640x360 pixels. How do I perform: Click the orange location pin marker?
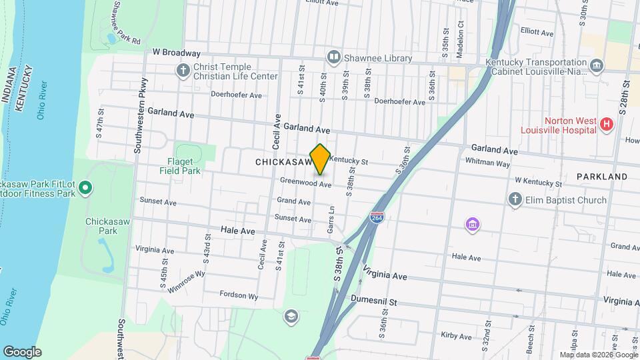tap(320, 159)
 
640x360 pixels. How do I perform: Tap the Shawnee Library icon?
tap(334, 58)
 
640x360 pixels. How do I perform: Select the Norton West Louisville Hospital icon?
tap(606, 124)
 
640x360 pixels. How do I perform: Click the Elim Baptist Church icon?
tap(514, 199)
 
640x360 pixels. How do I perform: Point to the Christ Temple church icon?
tap(183, 70)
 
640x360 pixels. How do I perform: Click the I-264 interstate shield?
tap(377, 218)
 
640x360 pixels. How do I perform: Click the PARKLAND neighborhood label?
tap(603, 177)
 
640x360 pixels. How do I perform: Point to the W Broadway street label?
tap(176, 53)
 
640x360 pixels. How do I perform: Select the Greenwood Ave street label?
tap(305, 182)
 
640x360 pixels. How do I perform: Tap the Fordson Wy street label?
tap(239, 295)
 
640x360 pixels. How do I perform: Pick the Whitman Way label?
tap(487, 163)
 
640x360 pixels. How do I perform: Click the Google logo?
tap(22, 351)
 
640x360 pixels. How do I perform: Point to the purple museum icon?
tap(472, 225)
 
